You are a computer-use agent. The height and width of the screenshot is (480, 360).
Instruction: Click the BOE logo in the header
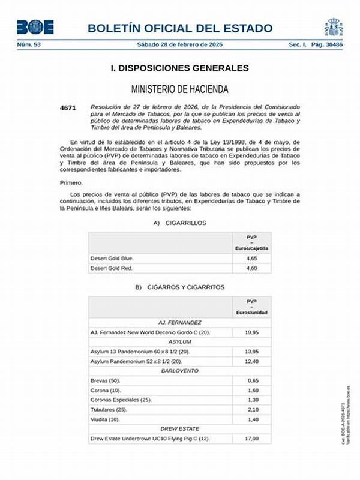[x=35, y=27]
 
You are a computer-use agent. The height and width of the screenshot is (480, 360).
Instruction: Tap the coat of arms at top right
[x=334, y=26]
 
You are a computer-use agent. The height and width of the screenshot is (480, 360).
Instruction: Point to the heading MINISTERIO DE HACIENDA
[x=180, y=89]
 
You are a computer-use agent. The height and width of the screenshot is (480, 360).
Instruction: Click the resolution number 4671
[x=68, y=107]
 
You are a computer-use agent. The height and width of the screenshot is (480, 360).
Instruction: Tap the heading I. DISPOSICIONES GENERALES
[x=180, y=68]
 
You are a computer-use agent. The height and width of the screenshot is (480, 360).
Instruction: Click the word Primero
[x=71, y=182]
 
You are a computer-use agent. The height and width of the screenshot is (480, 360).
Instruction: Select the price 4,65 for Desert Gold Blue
[x=251, y=258]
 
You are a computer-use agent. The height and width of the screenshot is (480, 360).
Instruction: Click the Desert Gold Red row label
[x=112, y=268]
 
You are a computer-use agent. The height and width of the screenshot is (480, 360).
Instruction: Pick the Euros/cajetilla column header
[x=251, y=248]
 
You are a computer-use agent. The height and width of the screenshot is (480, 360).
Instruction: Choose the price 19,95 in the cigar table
[x=251, y=332]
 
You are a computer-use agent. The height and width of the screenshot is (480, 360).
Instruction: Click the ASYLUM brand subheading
[x=179, y=341]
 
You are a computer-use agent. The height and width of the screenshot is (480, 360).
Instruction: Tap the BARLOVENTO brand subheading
[x=179, y=371]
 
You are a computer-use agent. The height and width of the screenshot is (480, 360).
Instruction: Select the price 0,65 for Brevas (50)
[x=251, y=380]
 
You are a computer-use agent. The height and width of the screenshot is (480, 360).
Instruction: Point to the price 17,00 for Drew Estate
[x=251, y=439]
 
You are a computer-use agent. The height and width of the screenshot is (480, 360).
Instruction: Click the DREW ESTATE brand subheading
[x=179, y=429]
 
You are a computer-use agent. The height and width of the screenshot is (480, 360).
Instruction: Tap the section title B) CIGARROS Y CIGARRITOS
[x=180, y=287]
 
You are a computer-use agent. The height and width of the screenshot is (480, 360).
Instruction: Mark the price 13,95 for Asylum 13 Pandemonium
[x=251, y=351]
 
